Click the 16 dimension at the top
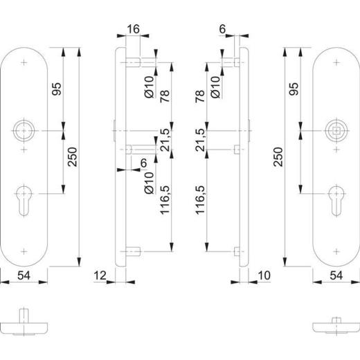point(134,30)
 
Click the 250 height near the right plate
point(278,161)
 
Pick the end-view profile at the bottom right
point(335,325)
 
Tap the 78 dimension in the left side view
point(165,96)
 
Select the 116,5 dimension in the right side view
point(201,201)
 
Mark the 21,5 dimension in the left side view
point(165,140)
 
